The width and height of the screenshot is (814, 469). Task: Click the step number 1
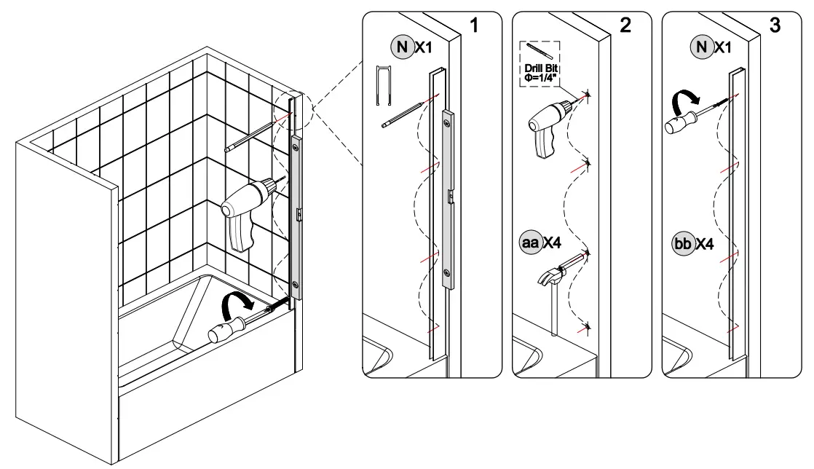tap(474, 25)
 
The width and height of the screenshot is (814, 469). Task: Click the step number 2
tap(625, 25)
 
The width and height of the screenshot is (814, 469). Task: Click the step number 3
tap(775, 25)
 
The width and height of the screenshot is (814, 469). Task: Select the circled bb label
tap(682, 243)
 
